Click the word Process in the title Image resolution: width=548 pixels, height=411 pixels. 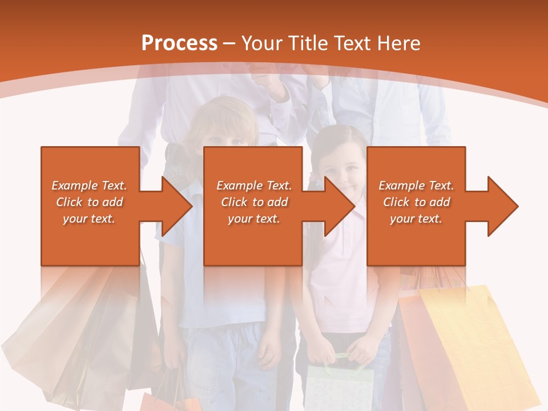pyautogui.click(x=179, y=43)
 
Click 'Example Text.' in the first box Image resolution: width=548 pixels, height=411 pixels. pyautogui.click(x=89, y=186)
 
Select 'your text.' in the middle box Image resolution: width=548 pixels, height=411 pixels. pyautogui.click(x=253, y=219)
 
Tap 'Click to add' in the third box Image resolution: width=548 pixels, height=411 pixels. pyautogui.click(x=416, y=202)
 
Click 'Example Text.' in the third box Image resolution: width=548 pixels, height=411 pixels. pyautogui.click(x=416, y=186)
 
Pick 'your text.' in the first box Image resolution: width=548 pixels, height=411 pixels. pyautogui.click(x=89, y=219)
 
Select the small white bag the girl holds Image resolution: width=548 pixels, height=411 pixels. pyautogui.click(x=340, y=388)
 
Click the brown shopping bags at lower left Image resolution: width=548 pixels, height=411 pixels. pyautogui.click(x=80, y=337)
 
